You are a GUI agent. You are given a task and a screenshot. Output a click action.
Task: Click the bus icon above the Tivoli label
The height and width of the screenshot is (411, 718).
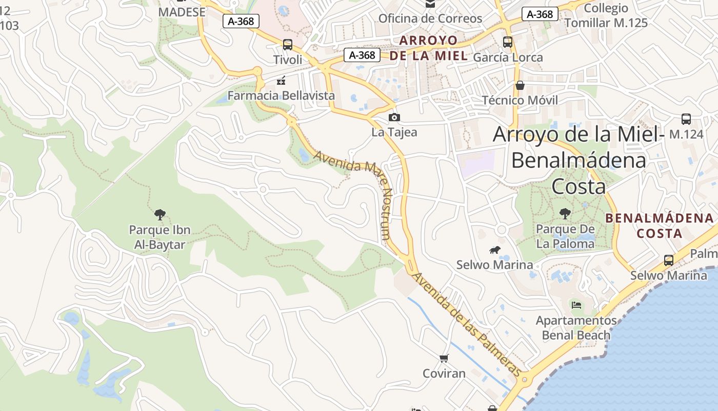[288, 45]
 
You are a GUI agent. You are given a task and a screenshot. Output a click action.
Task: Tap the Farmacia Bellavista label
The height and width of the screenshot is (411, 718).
[281, 96]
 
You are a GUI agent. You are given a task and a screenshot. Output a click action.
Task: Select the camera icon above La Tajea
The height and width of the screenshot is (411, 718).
[394, 118]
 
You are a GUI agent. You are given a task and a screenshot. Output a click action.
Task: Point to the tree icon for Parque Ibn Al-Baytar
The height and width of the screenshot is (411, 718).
[159, 214]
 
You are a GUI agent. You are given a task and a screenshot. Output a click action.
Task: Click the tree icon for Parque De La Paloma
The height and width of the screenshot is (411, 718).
[565, 213]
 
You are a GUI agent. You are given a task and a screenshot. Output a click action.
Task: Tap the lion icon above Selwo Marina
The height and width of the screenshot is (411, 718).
[494, 250]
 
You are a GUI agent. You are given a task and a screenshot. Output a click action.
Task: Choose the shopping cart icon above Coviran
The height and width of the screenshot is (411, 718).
[444, 358]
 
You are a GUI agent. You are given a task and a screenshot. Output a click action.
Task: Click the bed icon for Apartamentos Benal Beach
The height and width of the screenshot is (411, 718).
[576, 305]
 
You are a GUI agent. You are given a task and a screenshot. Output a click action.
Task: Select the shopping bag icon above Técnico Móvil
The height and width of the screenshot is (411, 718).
[520, 85]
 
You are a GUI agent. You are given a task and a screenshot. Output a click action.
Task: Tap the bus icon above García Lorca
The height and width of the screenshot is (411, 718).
[508, 42]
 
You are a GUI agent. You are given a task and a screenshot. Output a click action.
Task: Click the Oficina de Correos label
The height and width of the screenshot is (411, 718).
[430, 18]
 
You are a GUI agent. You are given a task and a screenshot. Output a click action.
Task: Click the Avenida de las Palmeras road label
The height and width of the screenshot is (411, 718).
[467, 324]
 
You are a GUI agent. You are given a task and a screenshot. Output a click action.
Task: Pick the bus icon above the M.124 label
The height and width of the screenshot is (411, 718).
[686, 119]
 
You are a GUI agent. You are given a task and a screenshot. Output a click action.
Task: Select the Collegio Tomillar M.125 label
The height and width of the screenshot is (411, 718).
[606, 15]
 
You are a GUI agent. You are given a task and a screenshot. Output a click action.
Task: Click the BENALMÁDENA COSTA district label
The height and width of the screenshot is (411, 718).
[659, 226]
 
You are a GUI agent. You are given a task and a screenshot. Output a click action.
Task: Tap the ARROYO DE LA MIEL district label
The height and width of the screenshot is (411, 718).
[428, 48]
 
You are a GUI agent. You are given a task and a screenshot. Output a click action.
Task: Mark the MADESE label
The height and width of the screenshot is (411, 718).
[182, 12]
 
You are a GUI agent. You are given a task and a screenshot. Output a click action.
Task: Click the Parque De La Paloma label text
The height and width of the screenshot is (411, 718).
[565, 236]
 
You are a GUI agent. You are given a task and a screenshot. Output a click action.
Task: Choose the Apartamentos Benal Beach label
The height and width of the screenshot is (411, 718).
[576, 328]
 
